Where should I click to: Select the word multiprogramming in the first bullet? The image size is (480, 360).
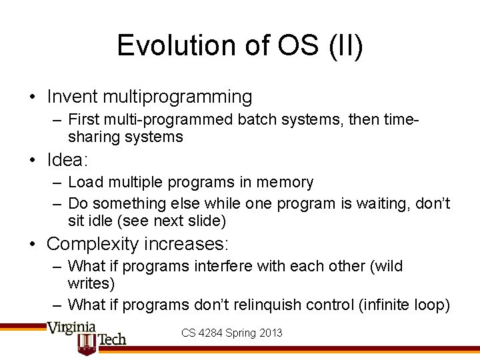(177, 97)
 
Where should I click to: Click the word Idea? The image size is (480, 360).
(68, 160)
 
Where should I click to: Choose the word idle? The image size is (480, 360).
(95, 220)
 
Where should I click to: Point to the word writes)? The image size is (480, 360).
(91, 283)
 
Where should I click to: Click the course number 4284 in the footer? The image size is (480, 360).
(211, 332)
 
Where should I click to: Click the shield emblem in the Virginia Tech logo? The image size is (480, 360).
(88, 343)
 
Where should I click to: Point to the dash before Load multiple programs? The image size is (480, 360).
(57, 183)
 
